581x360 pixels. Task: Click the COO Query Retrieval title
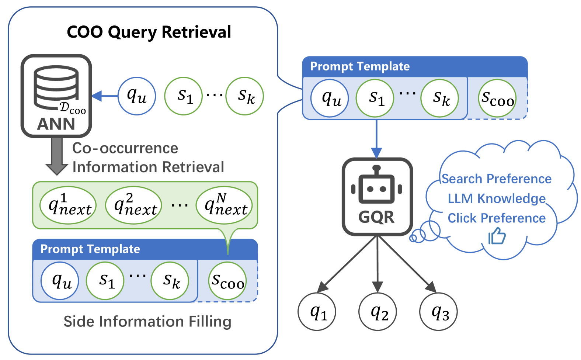pos(149,32)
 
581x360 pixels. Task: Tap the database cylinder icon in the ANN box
pos(56,87)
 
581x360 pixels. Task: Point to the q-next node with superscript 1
pos(68,205)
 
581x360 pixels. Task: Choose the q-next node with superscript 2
pos(133,205)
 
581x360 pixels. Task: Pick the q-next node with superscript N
pos(224,205)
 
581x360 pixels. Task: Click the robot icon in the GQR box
pos(377,185)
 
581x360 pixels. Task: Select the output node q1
pos(317,312)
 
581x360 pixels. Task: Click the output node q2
pos(378,312)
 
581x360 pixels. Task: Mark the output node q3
pos(438,312)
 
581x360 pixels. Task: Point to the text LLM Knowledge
pos(497,198)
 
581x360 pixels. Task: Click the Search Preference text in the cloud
pos(497,179)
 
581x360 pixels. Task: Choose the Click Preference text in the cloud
pos(497,218)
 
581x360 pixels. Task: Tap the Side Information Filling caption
pos(147,321)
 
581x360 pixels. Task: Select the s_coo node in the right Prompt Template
pos(497,98)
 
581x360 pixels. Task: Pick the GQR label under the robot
pos(377,217)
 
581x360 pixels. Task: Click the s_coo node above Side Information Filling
pos(227,281)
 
